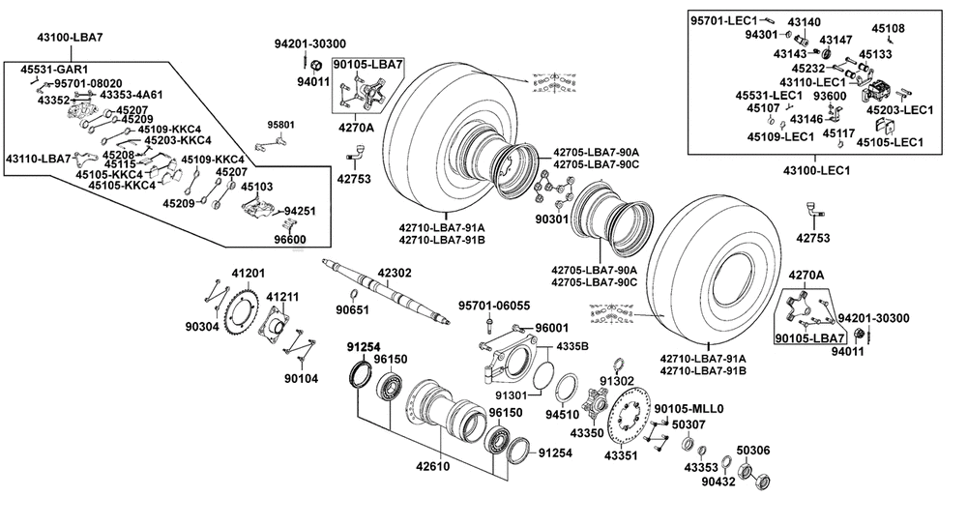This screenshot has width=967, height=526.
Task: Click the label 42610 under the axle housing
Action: coord(432,466)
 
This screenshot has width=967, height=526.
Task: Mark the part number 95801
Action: coord(282,125)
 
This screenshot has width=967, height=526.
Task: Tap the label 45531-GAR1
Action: coord(55,70)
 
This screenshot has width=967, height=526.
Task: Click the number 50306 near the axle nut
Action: coord(753,450)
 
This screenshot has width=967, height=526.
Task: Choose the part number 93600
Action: coord(830,96)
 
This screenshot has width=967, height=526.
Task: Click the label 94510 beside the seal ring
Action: coord(562,415)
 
